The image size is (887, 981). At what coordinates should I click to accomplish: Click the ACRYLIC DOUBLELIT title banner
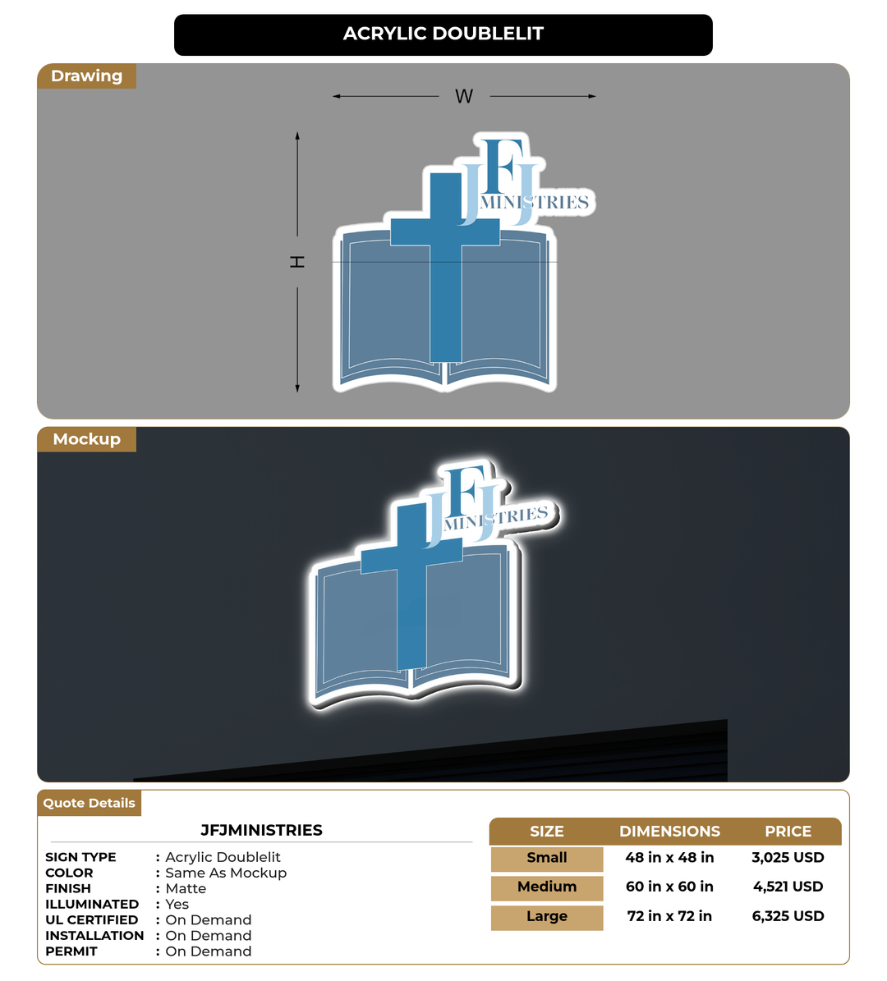(x=443, y=34)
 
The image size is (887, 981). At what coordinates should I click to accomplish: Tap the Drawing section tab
(x=86, y=76)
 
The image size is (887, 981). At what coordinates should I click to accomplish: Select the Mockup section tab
(x=86, y=439)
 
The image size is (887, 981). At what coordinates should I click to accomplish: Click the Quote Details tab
(x=89, y=804)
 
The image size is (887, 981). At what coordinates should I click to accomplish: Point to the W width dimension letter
(x=464, y=96)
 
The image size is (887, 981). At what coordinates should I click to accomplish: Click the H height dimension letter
(x=297, y=262)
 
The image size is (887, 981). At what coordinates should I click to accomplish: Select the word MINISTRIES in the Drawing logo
(x=534, y=202)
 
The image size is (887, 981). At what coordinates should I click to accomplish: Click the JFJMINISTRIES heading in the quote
(x=261, y=830)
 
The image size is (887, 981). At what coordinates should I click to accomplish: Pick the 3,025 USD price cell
(x=788, y=858)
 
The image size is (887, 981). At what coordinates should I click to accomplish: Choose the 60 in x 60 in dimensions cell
(x=669, y=887)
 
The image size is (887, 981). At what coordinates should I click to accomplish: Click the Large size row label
(x=546, y=917)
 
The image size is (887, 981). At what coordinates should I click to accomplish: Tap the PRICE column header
(x=788, y=832)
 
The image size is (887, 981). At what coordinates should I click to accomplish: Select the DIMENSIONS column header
(x=669, y=832)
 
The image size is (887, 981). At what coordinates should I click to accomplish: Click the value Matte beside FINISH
(x=186, y=888)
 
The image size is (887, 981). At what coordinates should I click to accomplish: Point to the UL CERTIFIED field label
(x=91, y=919)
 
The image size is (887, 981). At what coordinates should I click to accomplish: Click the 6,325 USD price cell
(x=788, y=917)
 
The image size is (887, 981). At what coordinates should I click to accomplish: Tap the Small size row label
(x=546, y=859)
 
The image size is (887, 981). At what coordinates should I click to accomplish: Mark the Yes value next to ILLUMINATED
(x=177, y=904)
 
